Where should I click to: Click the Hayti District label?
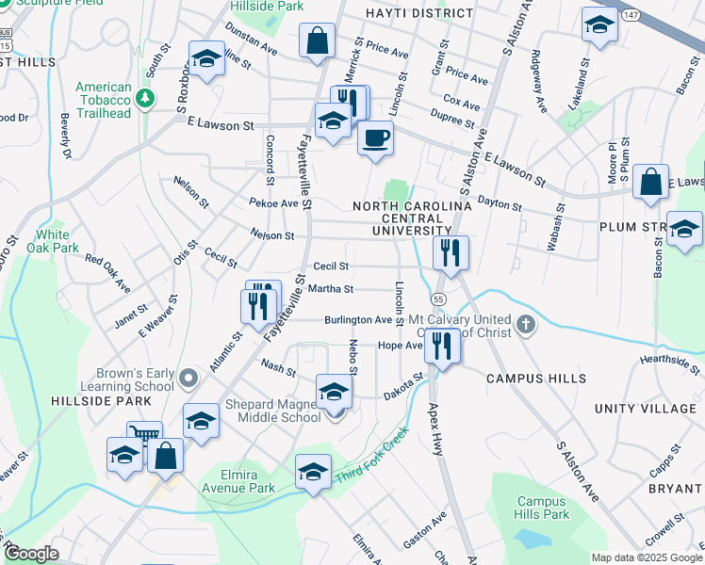click(x=420, y=13)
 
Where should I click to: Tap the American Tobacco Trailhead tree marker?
click(x=144, y=98)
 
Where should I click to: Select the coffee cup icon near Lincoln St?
click(x=375, y=137)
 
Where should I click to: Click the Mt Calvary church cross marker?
click(x=525, y=326)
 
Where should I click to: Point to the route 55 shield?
click(x=439, y=299)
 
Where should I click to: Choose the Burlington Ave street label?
click(x=357, y=320)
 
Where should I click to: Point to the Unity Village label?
click(x=646, y=409)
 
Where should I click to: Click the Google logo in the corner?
click(x=31, y=554)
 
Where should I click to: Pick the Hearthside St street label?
click(x=670, y=359)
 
